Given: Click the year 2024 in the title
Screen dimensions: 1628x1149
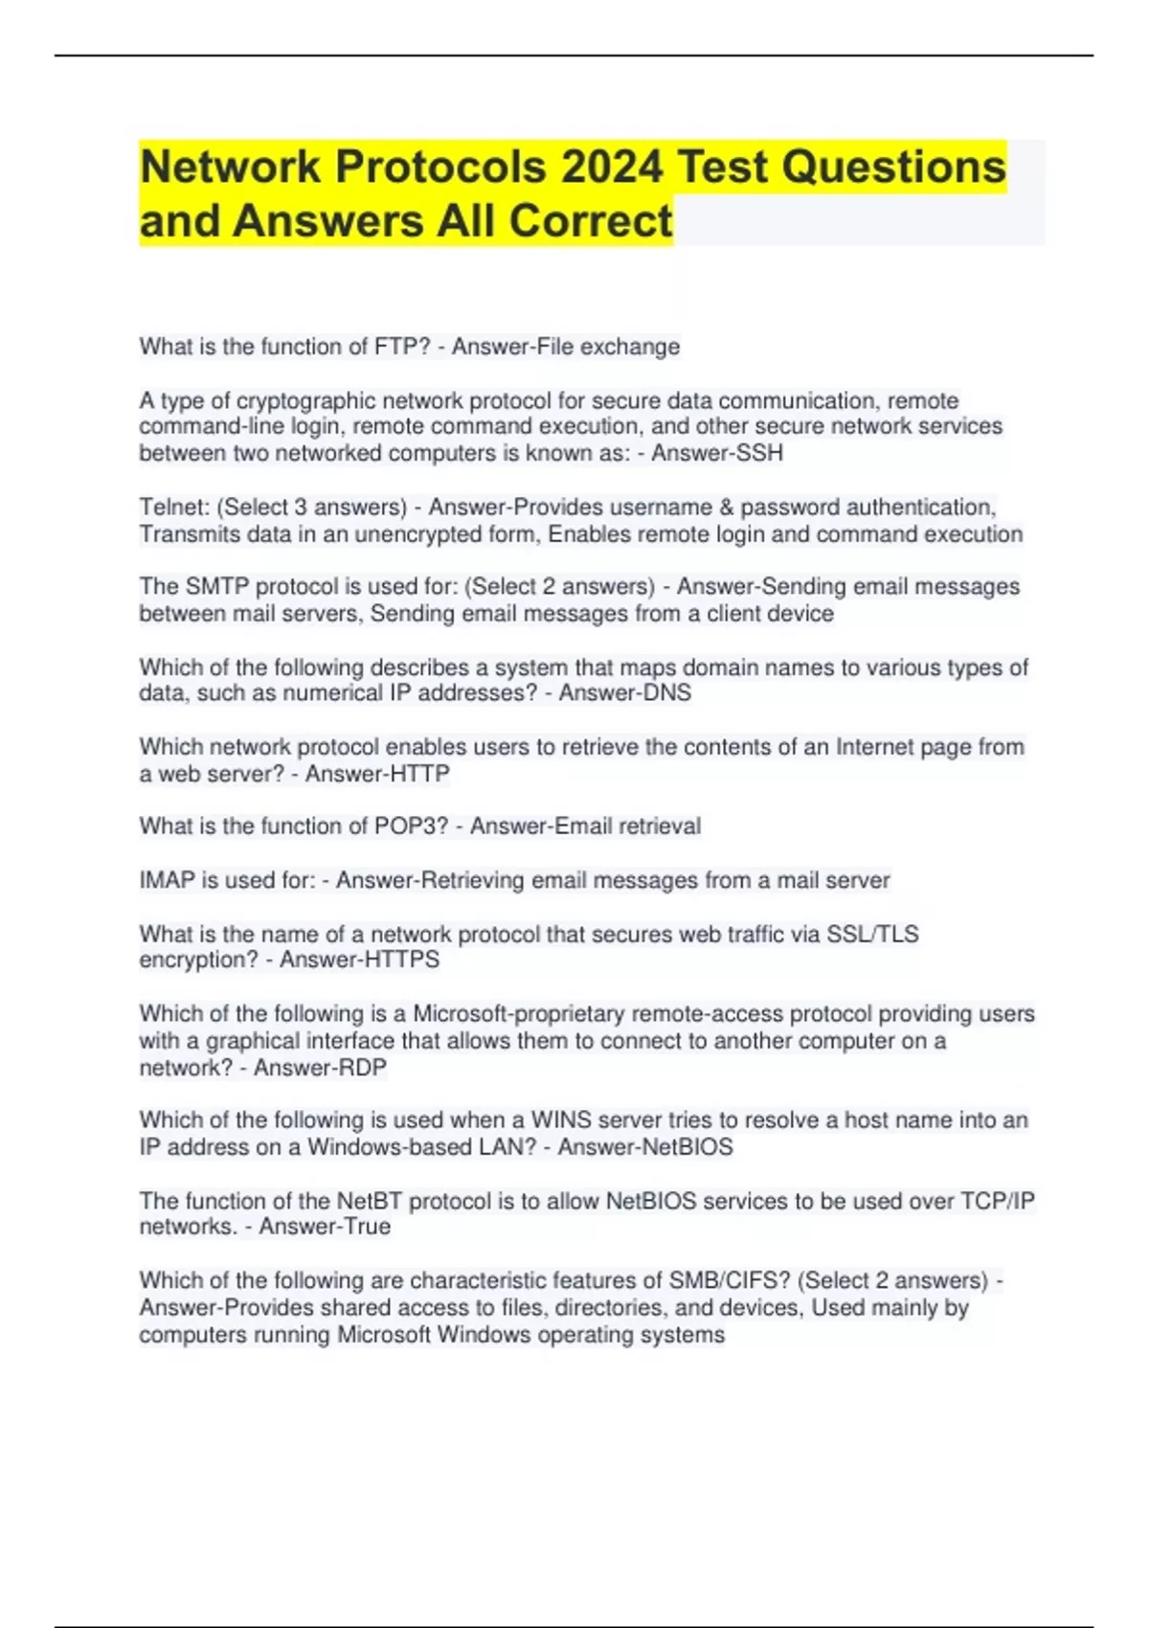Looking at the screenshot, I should coord(612,167).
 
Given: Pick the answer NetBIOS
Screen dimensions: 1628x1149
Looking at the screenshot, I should coord(688,1146).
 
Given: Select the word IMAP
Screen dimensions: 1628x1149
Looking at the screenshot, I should coord(167,879).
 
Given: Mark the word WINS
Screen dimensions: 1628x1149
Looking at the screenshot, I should coord(562,1119).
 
